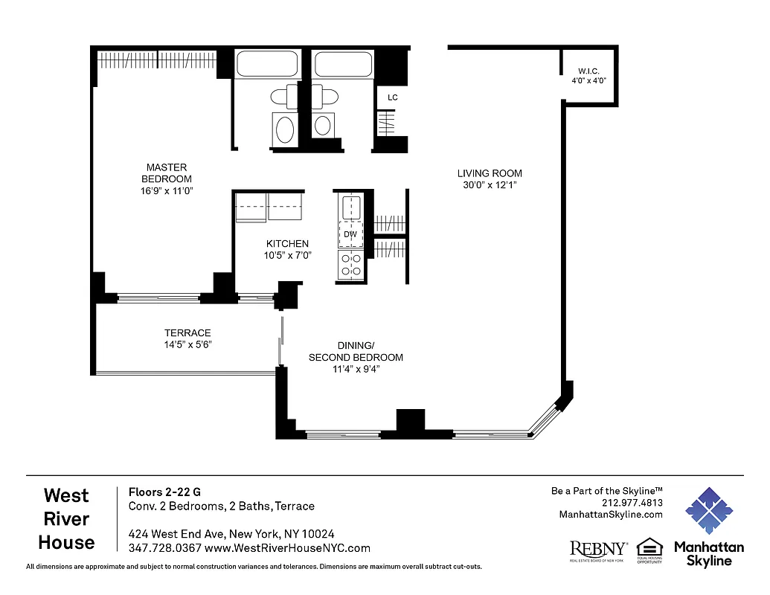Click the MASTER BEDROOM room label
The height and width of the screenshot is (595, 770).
coord(167,173)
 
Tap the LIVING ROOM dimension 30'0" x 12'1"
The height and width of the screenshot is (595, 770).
coord(490,185)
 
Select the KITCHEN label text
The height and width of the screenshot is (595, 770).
coord(287,244)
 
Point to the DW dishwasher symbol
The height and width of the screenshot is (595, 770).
coord(350,234)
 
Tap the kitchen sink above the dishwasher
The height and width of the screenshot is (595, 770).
coord(350,206)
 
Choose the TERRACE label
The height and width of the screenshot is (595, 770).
coord(187,332)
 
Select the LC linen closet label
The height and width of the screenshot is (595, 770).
coord(392,97)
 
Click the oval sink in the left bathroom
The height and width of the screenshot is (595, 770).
coord(285,129)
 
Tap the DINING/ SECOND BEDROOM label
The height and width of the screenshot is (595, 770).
coord(356,351)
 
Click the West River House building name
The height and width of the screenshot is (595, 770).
coord(66,518)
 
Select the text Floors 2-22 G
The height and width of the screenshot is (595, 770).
coord(164,492)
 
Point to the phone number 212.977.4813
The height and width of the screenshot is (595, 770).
coord(632,503)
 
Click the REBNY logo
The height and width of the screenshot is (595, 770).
coord(598,550)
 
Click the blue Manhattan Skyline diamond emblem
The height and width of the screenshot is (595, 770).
coord(709,512)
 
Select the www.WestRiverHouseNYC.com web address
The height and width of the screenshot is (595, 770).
coord(287,548)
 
